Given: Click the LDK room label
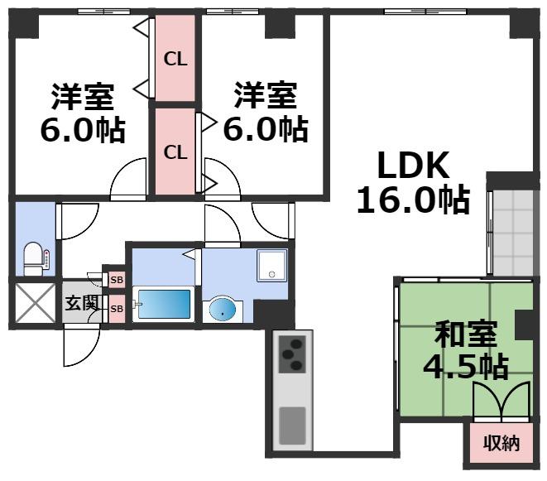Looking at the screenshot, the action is click(x=413, y=166).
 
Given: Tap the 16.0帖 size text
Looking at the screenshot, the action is click(x=414, y=200).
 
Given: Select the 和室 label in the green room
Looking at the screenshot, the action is click(x=465, y=334).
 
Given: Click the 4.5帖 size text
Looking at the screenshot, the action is click(x=465, y=367).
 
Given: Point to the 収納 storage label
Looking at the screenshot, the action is click(x=501, y=443).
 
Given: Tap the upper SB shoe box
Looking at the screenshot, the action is click(x=117, y=280).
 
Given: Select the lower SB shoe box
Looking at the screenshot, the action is click(x=117, y=309).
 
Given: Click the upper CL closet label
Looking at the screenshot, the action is click(x=175, y=60).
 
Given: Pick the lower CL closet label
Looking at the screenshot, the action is click(x=175, y=152).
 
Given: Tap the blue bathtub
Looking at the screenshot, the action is click(x=163, y=304).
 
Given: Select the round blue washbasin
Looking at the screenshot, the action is click(x=223, y=310).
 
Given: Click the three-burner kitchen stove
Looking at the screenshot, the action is click(x=292, y=354).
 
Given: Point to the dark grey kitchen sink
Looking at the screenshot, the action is click(x=292, y=426).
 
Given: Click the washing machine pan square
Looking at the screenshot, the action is click(x=272, y=265).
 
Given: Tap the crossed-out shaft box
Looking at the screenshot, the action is click(x=36, y=303).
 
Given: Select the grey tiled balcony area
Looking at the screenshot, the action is click(x=512, y=233).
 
